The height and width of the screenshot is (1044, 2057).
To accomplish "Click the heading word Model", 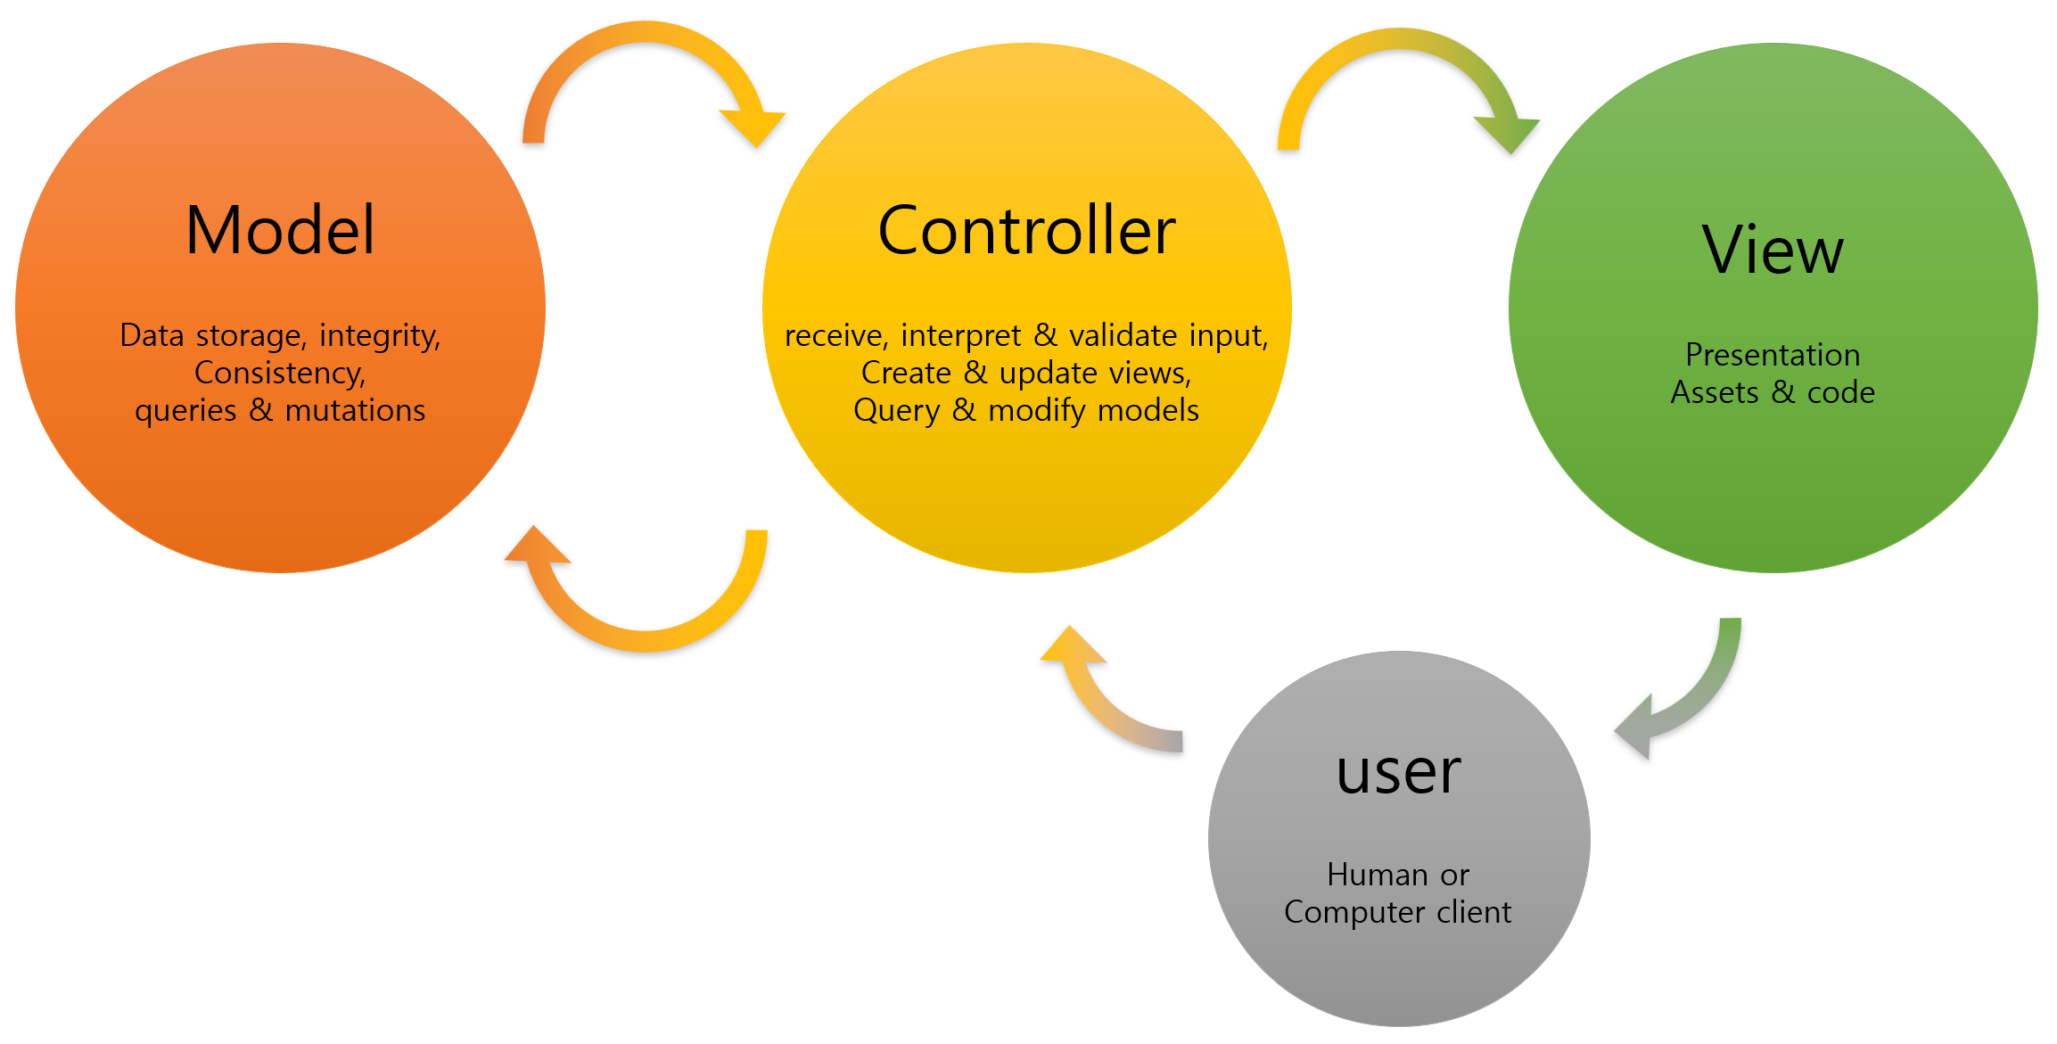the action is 280,230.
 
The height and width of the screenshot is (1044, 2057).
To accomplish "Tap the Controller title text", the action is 1026,230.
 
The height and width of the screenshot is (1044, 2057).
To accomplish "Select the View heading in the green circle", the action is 1773,250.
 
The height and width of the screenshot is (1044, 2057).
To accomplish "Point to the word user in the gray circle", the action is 1398,771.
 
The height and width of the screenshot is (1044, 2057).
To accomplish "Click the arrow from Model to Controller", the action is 644,36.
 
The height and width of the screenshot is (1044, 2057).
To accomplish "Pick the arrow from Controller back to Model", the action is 644,638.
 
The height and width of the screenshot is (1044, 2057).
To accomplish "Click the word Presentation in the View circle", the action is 1773,355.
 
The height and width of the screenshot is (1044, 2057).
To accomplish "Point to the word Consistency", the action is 280,373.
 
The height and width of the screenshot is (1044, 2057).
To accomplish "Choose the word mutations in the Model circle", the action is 355,410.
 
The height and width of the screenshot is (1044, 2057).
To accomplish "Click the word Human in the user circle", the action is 1378,875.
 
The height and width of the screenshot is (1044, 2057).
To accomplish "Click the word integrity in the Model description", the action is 380,336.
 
